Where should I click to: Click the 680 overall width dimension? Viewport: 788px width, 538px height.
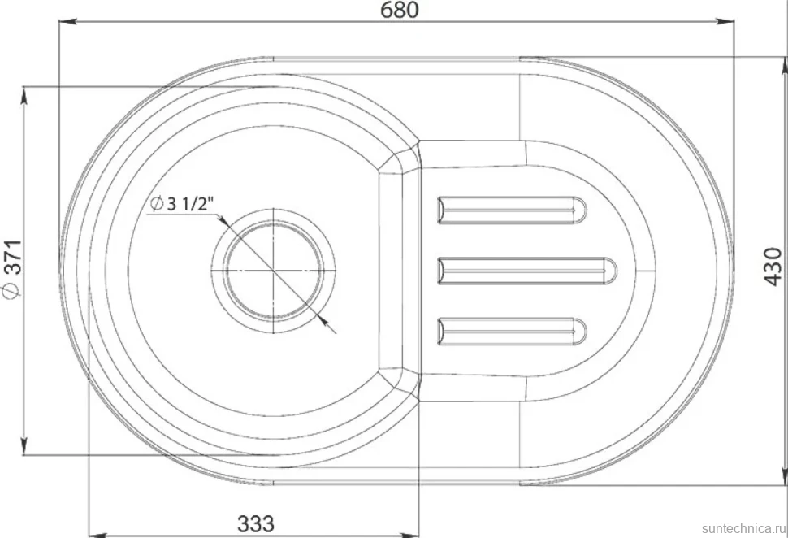(x=400, y=10)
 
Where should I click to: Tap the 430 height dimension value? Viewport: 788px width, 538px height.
(x=774, y=267)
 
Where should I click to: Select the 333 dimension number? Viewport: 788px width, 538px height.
(x=256, y=524)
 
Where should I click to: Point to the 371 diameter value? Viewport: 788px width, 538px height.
(x=14, y=258)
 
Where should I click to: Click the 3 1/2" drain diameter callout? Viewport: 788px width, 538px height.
(x=182, y=204)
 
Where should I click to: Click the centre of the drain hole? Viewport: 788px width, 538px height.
(x=273, y=271)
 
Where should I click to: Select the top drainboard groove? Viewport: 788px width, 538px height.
(x=512, y=210)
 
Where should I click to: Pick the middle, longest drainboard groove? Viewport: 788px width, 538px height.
(x=527, y=271)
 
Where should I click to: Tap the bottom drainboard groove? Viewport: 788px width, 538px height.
(x=512, y=332)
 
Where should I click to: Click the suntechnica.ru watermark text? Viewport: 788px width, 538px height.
(x=744, y=528)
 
